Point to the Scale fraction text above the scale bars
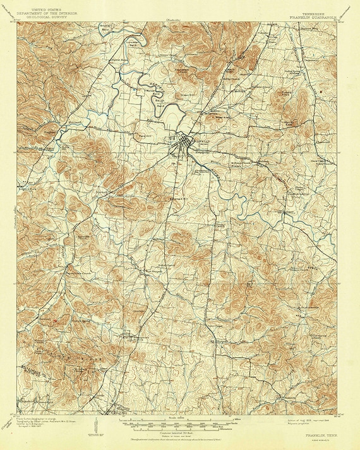(174, 418)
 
